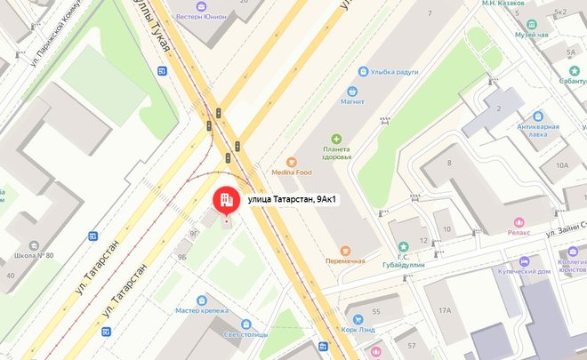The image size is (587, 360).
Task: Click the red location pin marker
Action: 226,200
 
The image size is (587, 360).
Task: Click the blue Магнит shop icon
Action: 352,92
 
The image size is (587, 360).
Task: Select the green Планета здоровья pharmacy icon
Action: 336,139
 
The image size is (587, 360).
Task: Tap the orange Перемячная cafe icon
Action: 345,250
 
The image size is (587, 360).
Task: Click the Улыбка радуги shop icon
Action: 363,71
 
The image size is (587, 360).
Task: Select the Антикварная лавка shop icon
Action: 537,116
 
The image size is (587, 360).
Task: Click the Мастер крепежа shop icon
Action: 203,300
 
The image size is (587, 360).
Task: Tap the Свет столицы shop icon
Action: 245,324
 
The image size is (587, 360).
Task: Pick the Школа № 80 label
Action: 34,256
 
